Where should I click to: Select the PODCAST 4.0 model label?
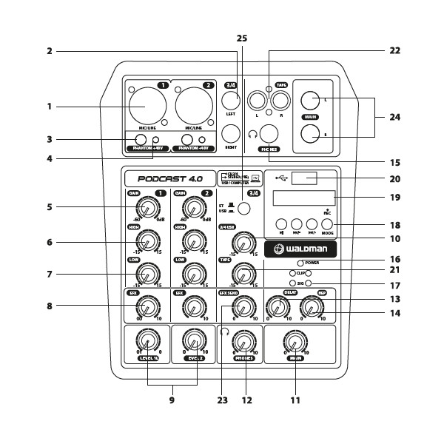pyautogui.click(x=165, y=178)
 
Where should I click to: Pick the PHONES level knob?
pyautogui.click(x=241, y=341)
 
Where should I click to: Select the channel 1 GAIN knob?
pyautogui.click(x=147, y=206)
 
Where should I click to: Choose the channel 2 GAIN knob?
pyautogui.click(x=194, y=206)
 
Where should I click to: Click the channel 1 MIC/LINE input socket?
pyautogui.click(x=147, y=104)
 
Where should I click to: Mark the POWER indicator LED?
pyautogui.click(x=300, y=263)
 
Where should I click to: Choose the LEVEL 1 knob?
pyautogui.click(x=147, y=341)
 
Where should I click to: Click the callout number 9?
pyautogui.click(x=172, y=400)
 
